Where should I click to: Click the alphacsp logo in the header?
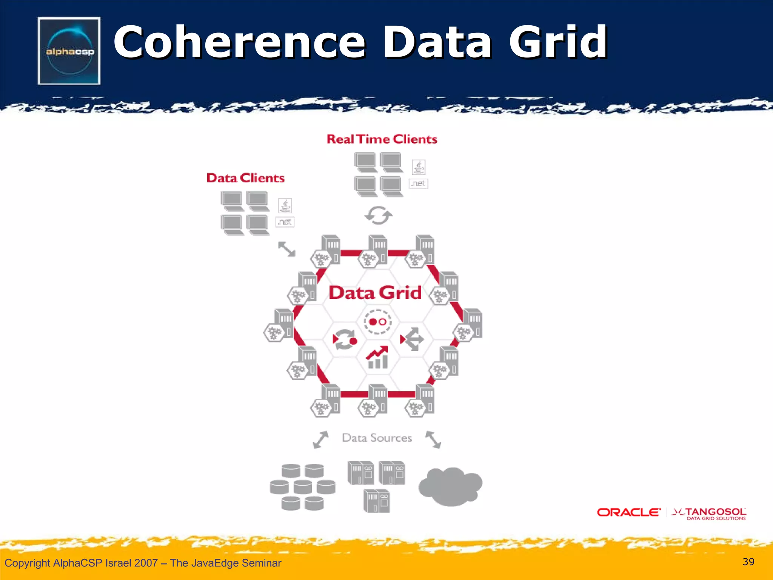pos(69,51)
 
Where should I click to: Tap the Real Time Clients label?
pos(382,139)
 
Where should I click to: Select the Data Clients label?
pos(245,178)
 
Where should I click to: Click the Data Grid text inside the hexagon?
pos(375,293)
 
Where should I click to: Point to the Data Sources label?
pos(377,438)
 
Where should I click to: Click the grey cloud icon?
pos(450,486)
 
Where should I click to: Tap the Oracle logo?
pos(629,512)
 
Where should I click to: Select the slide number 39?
pos(748,562)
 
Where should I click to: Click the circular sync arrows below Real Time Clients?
pos(378,215)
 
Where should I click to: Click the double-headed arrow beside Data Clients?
pos(286,249)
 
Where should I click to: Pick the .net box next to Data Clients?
pos(285,222)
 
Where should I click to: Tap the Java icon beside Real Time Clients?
pos(419,167)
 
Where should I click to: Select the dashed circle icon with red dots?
pos(377,322)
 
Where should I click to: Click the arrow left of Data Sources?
pos(321,440)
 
